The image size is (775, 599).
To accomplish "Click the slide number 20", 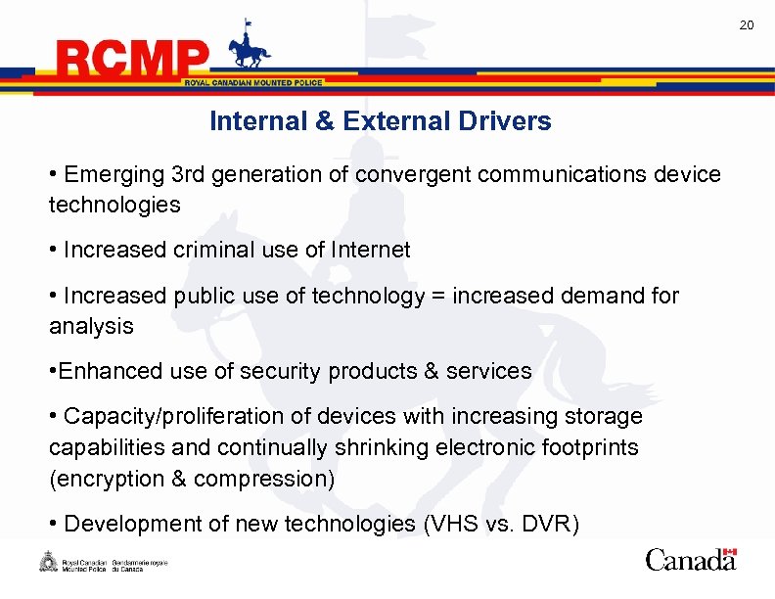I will click(x=746, y=24).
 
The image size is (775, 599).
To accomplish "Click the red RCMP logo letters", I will click(x=133, y=62).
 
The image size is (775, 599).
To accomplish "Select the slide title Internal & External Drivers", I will click(x=380, y=121).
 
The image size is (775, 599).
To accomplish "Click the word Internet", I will click(x=371, y=250).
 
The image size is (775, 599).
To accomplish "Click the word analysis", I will click(x=91, y=327).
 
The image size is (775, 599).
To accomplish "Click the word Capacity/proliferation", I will click(x=164, y=417).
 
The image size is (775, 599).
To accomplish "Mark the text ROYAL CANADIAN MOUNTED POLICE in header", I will click(x=253, y=83).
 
